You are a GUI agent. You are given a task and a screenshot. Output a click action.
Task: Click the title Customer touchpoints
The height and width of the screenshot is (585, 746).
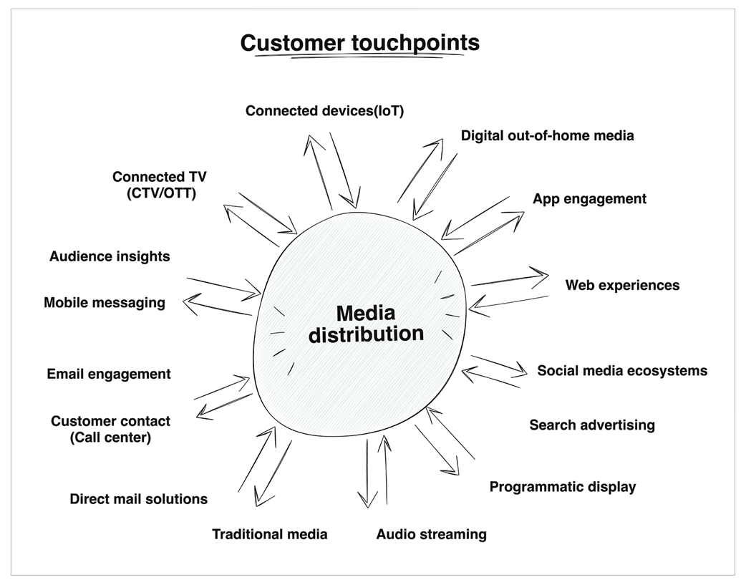(359, 43)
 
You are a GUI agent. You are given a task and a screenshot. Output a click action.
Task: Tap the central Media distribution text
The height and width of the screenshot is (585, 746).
(366, 323)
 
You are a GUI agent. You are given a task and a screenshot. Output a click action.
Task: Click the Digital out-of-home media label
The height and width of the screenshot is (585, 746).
(547, 135)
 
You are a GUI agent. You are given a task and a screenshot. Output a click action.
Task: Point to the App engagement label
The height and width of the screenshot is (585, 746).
(589, 199)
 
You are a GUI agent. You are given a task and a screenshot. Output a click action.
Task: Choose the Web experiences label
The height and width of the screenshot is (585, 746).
(622, 285)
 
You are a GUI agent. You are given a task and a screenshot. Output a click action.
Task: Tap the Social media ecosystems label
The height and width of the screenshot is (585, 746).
(622, 371)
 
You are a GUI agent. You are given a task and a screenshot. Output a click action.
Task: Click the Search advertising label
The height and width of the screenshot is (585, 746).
(592, 425)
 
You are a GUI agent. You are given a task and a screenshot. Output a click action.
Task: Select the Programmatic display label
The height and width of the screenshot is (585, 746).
(563, 487)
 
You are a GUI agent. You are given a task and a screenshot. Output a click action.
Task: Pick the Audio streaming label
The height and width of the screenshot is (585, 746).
(432, 534)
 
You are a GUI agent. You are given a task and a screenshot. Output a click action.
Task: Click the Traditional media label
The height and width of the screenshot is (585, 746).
(270, 534)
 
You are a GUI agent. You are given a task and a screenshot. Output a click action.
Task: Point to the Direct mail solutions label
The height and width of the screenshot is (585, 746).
(139, 499)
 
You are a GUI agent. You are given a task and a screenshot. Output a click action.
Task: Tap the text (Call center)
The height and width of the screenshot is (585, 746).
(110, 437)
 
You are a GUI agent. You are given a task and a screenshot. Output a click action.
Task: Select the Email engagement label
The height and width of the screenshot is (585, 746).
(109, 374)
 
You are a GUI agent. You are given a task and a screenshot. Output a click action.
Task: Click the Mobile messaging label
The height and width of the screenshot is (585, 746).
(105, 303)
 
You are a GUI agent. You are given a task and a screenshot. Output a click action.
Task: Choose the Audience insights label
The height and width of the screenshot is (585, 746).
(110, 256)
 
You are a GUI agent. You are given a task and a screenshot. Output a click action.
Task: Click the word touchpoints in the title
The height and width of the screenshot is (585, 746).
(415, 43)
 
